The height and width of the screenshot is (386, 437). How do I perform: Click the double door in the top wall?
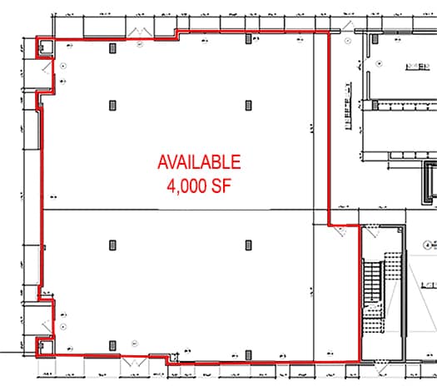pos(136,30)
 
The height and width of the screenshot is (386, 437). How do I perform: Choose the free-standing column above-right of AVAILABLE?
pos(249,105)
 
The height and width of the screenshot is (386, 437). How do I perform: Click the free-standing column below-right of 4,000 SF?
pos(249,245)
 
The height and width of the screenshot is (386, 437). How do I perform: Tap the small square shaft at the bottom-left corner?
pos(39,343)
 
